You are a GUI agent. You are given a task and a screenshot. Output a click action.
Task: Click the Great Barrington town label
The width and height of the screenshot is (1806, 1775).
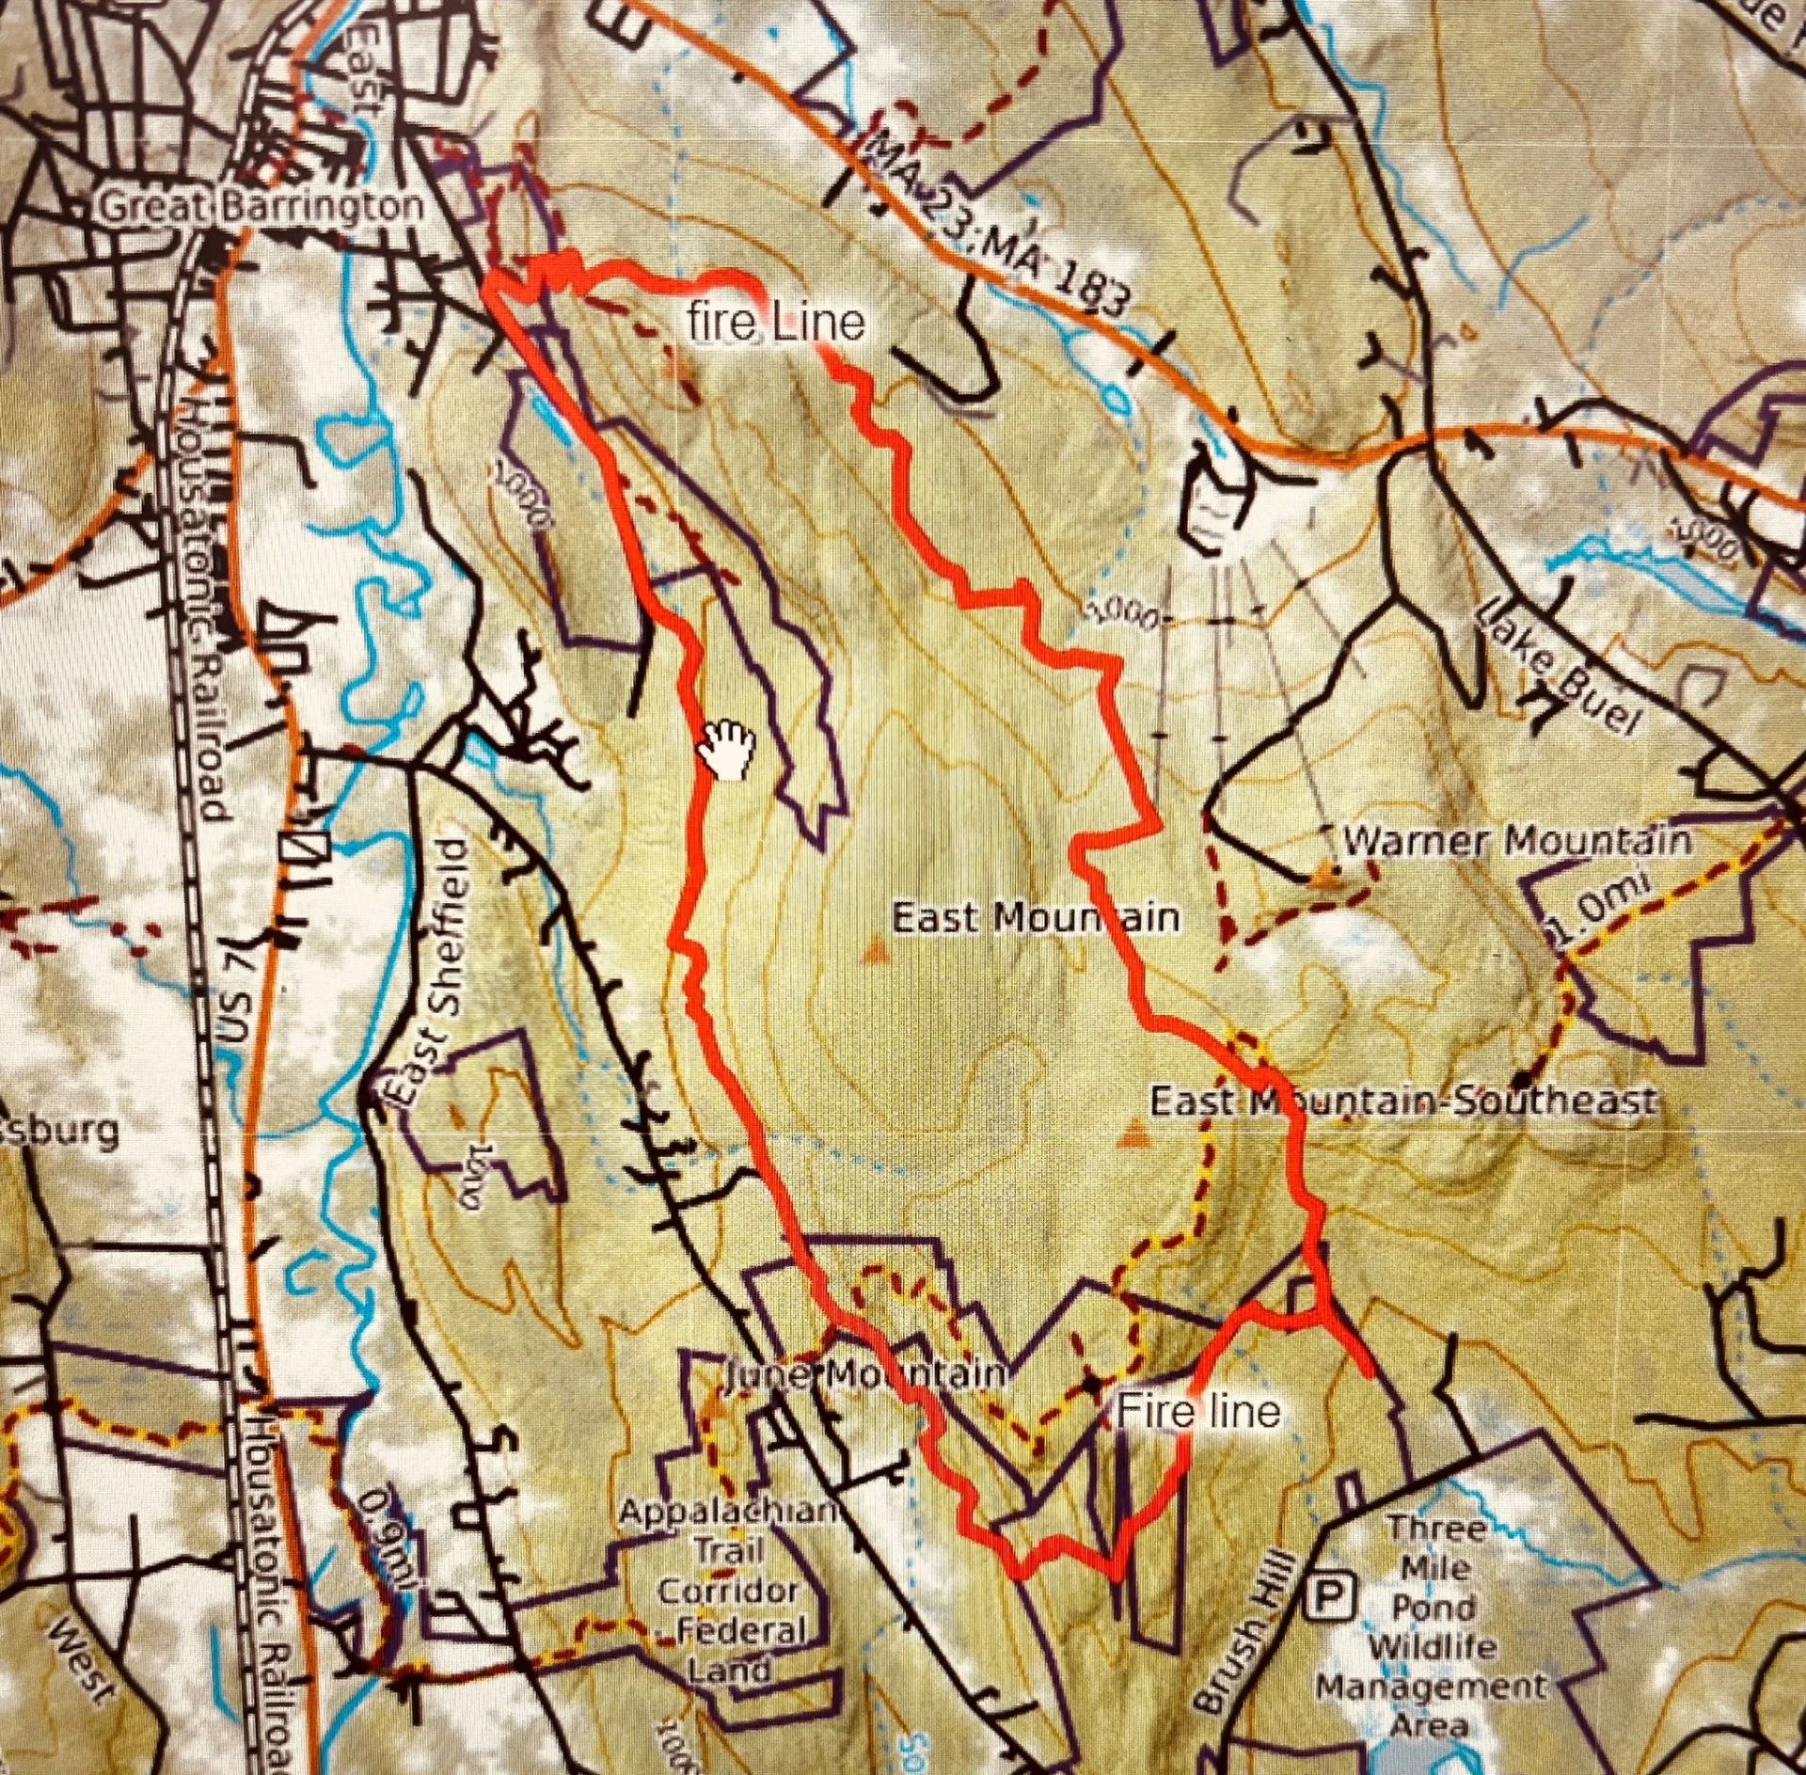[261, 207]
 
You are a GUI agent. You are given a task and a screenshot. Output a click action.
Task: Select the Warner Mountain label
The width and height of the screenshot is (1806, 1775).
[1516, 840]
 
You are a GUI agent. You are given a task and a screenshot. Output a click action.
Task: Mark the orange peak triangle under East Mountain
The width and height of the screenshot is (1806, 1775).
[875, 952]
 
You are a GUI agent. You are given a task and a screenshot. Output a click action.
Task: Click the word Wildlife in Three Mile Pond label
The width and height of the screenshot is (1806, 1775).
[1432, 1647]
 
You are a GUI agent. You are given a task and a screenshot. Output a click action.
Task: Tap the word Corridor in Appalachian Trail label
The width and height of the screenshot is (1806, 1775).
[729, 1592]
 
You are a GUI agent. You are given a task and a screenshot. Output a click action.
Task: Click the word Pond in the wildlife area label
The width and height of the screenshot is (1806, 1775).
[1434, 1608]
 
